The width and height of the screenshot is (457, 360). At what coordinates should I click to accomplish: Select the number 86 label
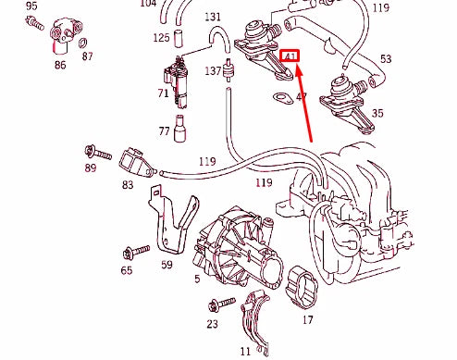point(60,66)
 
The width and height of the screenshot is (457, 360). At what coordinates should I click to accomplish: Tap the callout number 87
point(88,56)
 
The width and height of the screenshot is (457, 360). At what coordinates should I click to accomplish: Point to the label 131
point(213,17)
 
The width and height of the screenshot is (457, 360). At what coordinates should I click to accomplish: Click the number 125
point(162,38)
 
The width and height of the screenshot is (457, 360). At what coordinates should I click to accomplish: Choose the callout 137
point(213,70)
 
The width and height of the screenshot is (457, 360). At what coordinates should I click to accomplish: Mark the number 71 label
point(163,93)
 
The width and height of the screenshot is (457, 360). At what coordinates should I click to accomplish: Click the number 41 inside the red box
point(291,57)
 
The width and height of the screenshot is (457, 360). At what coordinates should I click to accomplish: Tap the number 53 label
point(385,58)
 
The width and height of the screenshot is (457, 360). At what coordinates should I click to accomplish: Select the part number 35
point(377,114)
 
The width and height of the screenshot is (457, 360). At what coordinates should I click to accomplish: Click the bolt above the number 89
point(91,151)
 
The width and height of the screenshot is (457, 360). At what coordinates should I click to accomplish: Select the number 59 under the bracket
point(167,265)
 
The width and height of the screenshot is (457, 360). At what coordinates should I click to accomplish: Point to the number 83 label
point(127,185)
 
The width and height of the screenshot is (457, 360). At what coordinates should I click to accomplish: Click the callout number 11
point(245,351)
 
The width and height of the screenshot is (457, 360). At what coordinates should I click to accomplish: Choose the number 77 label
point(164,132)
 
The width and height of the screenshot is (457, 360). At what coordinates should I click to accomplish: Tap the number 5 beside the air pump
point(196,278)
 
